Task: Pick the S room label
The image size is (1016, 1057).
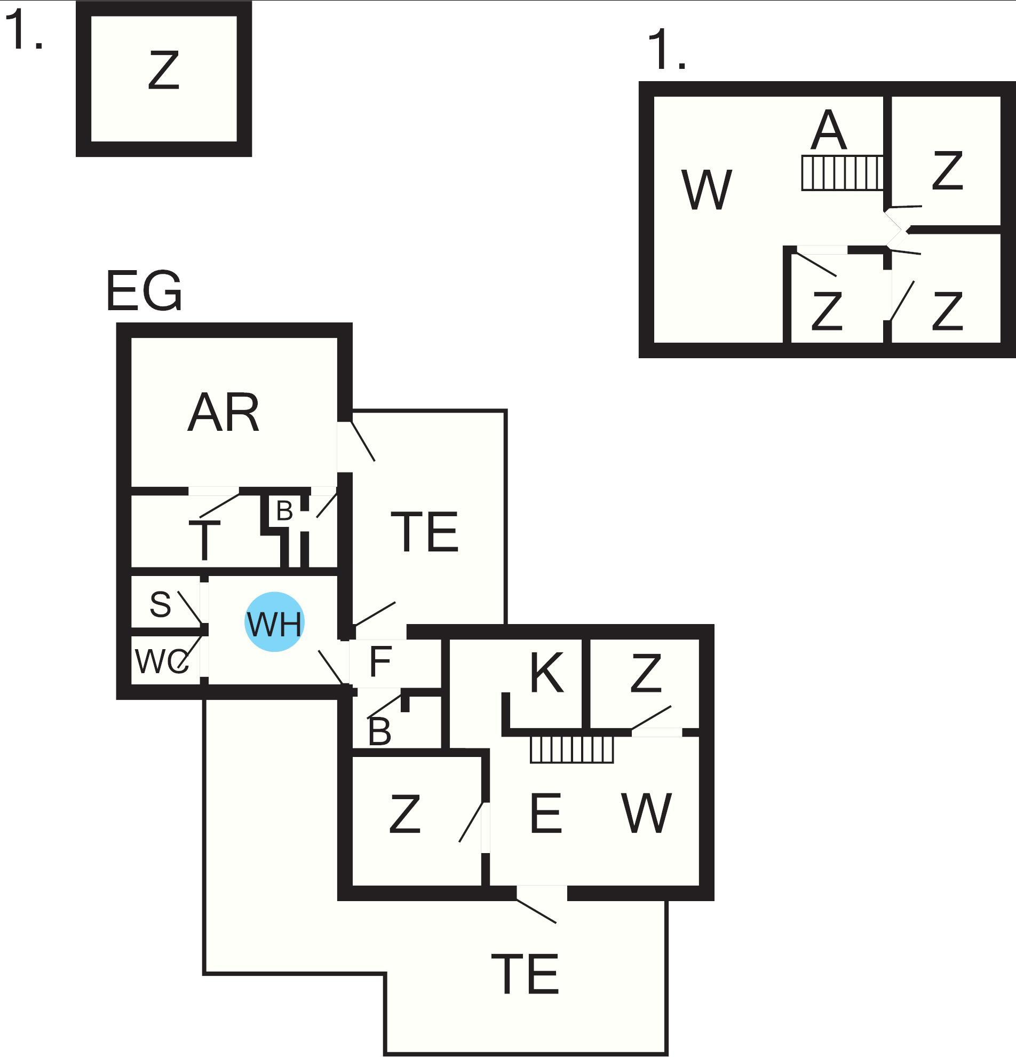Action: click(160, 604)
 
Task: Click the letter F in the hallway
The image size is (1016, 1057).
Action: click(380, 661)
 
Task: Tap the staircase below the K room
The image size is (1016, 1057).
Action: click(571, 750)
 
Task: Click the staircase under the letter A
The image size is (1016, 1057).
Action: click(842, 172)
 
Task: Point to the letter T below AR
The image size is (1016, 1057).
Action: click(204, 540)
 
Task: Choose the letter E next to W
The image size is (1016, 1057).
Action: click(546, 813)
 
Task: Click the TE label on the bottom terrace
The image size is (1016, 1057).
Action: click(525, 974)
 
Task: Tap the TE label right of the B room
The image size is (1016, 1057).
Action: click(424, 532)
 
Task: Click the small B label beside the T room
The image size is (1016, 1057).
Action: click(284, 510)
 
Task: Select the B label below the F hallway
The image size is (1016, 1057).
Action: click(379, 732)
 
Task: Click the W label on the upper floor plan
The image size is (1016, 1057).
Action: click(707, 190)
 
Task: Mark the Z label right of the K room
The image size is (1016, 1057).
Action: click(645, 673)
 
